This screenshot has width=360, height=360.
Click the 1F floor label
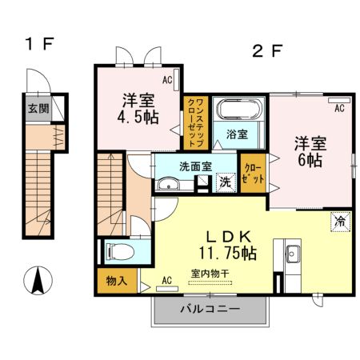(38, 45)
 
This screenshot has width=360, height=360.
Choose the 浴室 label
(235, 134)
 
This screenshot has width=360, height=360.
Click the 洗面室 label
(194, 169)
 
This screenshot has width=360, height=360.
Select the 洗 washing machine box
(226, 182)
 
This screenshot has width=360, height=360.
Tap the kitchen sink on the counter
(292, 254)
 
